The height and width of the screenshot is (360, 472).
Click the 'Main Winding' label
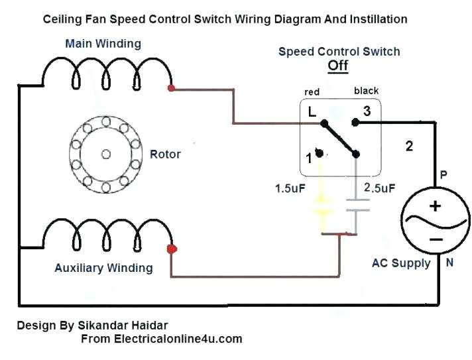(103, 44)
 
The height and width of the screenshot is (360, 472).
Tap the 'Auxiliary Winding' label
(103, 268)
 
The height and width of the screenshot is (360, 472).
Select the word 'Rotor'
(165, 154)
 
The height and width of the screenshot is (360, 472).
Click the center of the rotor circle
(106, 154)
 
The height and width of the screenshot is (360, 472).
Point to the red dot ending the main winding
(171, 88)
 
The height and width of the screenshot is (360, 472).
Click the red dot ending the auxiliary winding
(171, 249)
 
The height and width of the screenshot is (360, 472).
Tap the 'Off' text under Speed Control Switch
(338, 66)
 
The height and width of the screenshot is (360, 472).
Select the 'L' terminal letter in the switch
(312, 113)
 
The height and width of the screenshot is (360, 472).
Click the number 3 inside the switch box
(367, 112)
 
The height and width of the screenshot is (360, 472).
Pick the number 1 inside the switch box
(309, 158)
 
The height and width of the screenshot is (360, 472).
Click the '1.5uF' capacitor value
(290, 188)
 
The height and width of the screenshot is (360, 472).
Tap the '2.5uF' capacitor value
(379, 188)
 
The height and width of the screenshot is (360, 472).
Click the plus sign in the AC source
(435, 206)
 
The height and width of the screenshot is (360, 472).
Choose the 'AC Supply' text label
(401, 263)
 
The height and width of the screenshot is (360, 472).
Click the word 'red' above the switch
(312, 91)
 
